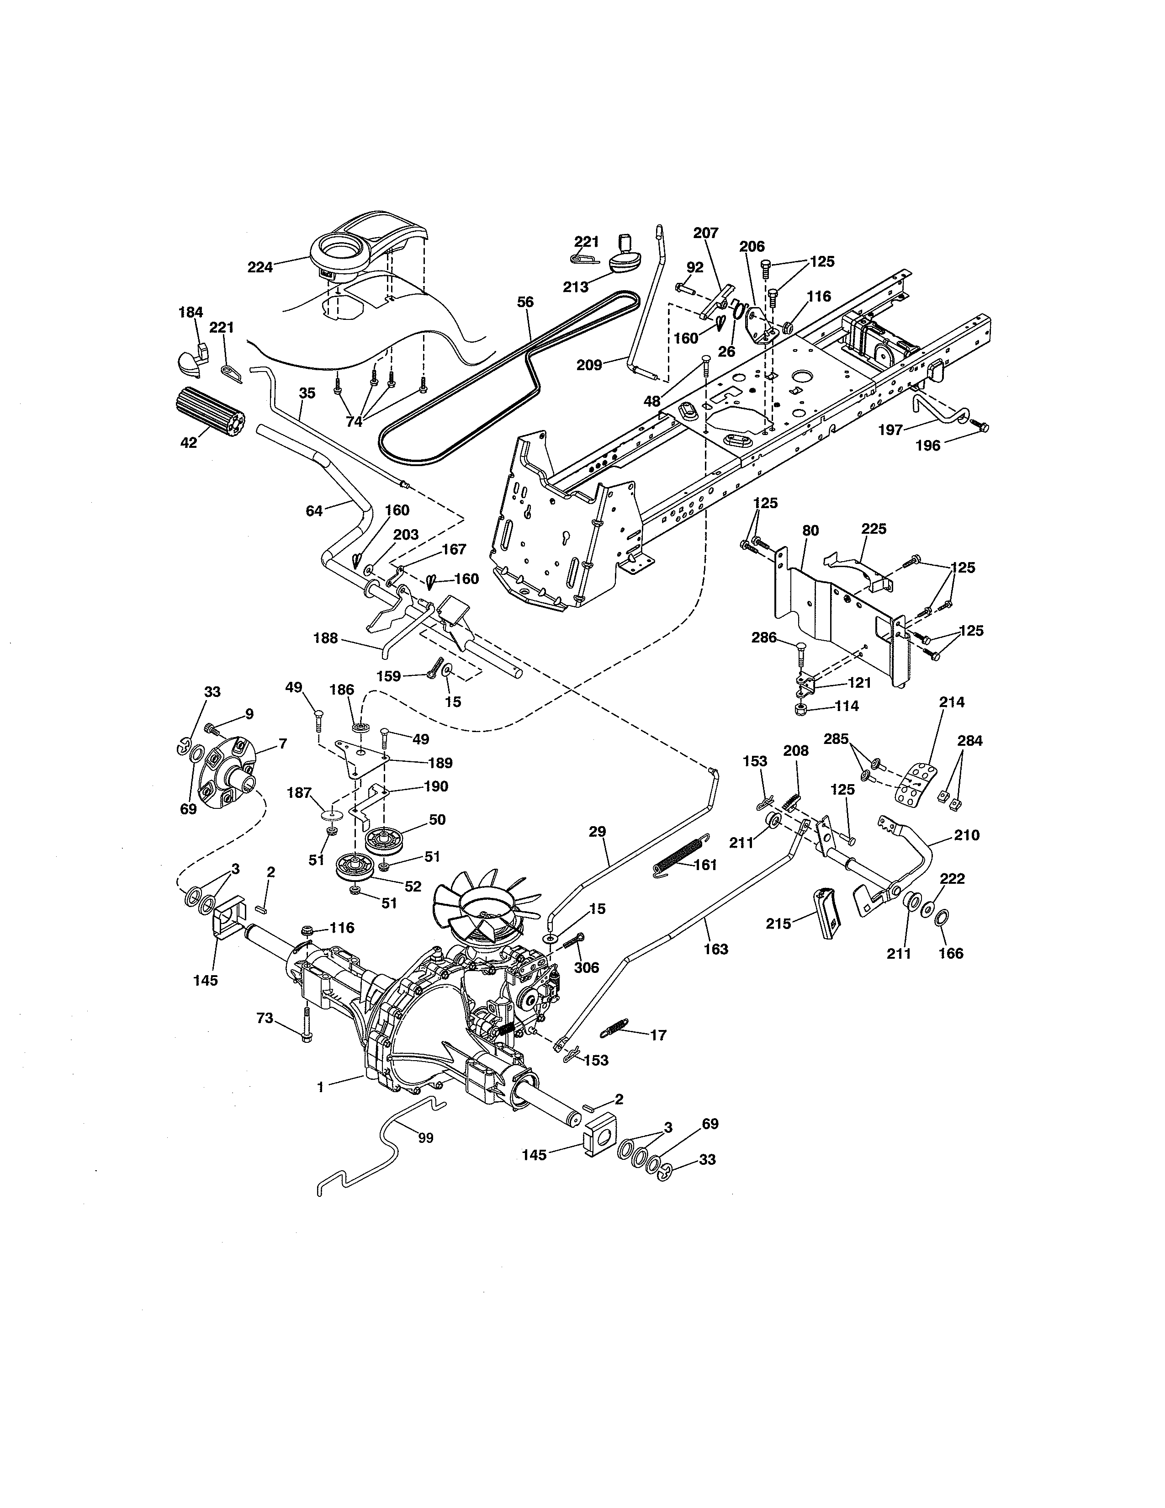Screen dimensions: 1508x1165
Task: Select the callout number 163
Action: coord(716,950)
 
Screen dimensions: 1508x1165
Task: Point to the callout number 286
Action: coord(764,637)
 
